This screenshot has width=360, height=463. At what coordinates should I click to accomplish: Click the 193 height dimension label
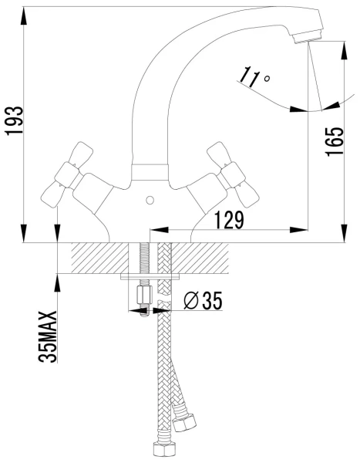(15, 121)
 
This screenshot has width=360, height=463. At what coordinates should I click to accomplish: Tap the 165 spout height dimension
(335, 142)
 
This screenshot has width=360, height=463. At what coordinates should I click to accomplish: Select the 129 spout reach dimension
(229, 220)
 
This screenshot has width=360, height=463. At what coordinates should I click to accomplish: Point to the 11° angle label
(254, 77)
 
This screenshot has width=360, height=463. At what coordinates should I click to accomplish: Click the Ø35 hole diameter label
(203, 300)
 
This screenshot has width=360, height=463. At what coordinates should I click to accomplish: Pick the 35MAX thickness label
(47, 336)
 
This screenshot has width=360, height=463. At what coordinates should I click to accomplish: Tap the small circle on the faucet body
(150, 201)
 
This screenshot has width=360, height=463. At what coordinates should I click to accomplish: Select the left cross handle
(67, 174)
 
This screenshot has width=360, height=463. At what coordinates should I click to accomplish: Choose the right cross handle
(234, 174)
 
